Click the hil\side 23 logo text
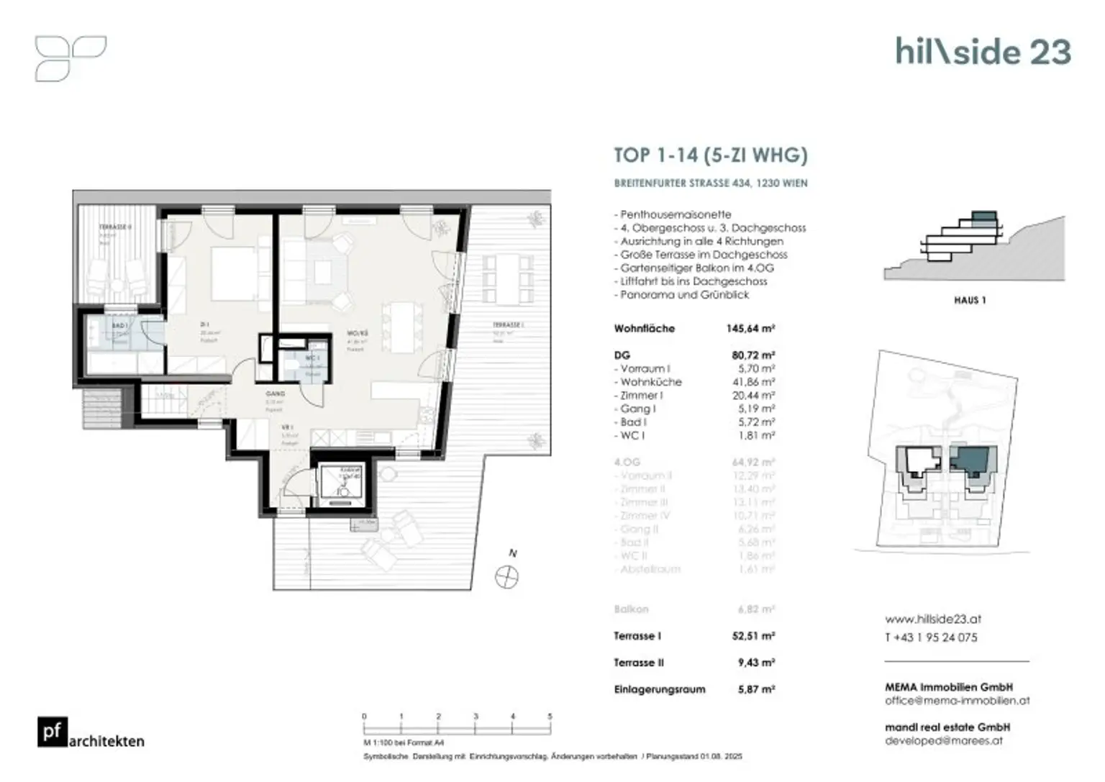[x=983, y=52]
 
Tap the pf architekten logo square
[x=53, y=732]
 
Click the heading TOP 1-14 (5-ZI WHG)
[x=710, y=155]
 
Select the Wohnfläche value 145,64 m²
[x=750, y=329]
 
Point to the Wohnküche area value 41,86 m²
[x=752, y=382]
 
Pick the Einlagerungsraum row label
[x=659, y=689]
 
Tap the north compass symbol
[x=507, y=576]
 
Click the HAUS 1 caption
[x=970, y=300]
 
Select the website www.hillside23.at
[x=932, y=619]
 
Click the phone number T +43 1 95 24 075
[x=931, y=637]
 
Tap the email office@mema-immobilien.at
[x=957, y=700]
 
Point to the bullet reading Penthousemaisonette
[x=675, y=214]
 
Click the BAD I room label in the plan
[x=119, y=326]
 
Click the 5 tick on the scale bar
[x=550, y=717]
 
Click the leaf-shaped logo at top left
[x=70, y=58]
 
